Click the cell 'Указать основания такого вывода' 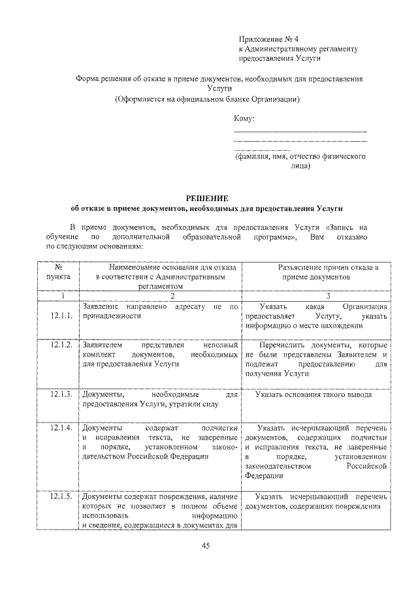click(x=313, y=395)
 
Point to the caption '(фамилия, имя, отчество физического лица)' click(x=300, y=161)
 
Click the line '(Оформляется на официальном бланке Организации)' click(x=207, y=100)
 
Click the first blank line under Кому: click(x=300, y=132)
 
